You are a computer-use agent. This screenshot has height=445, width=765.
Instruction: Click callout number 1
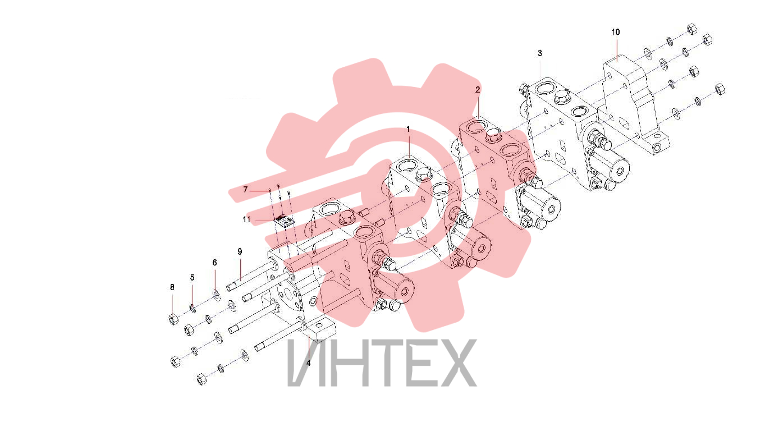coord(408,130)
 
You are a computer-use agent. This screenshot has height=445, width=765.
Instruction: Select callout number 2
coord(478,90)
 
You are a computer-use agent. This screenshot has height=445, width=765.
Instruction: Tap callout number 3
coord(539,53)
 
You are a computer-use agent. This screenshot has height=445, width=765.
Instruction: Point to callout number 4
coord(308,363)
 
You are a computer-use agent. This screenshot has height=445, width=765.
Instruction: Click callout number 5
coord(193,278)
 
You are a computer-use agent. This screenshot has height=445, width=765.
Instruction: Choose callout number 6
coord(214,263)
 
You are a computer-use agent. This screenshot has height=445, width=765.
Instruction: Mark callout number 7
coord(245,190)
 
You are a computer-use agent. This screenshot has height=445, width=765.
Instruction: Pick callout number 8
coord(172,287)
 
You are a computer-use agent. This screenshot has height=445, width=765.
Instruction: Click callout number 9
coord(240,252)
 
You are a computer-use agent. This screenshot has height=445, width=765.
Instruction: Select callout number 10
coord(615,32)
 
